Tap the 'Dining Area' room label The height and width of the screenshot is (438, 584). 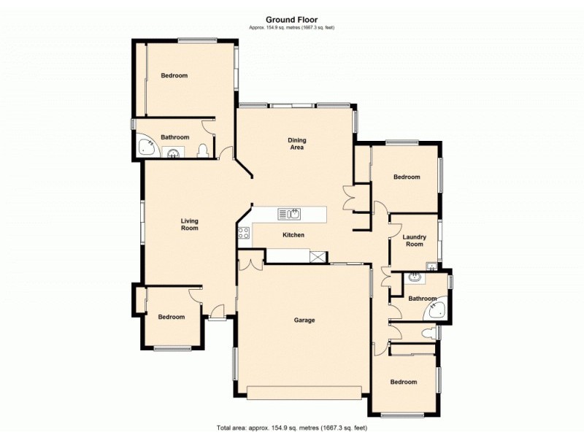click(x=296, y=144)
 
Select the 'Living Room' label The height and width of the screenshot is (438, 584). click(x=190, y=224)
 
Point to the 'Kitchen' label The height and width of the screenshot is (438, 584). click(x=293, y=234)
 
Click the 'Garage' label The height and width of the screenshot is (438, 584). click(x=304, y=320)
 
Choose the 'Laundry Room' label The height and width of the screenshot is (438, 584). click(x=415, y=240)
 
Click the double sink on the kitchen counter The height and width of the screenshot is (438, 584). click(x=290, y=214)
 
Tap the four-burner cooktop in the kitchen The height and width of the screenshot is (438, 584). click(x=244, y=234)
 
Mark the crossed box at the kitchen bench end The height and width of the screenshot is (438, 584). click(x=318, y=255)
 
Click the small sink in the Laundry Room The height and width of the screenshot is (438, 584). click(x=431, y=265)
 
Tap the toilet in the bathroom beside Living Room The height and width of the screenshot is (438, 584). click(x=203, y=151)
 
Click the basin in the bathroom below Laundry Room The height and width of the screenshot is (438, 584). click(x=415, y=277)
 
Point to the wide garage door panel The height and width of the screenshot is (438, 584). click(x=304, y=392)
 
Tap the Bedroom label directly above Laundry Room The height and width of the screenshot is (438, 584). click(x=407, y=177)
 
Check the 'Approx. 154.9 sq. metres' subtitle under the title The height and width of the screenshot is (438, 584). click(x=291, y=28)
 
